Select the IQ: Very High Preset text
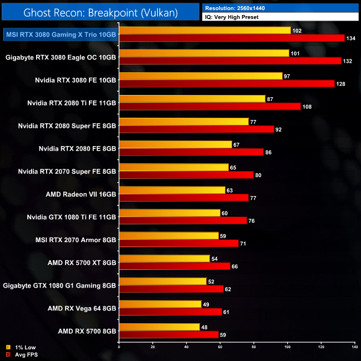tap(233, 17)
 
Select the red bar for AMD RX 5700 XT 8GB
tap(174, 265)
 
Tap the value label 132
tap(348, 61)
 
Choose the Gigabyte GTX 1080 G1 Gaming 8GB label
tap(60, 285)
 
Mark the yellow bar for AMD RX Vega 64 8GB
tap(160, 304)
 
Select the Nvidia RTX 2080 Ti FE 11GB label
tap(72, 103)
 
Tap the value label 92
tap(280, 129)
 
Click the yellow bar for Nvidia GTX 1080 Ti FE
tap(169, 213)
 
